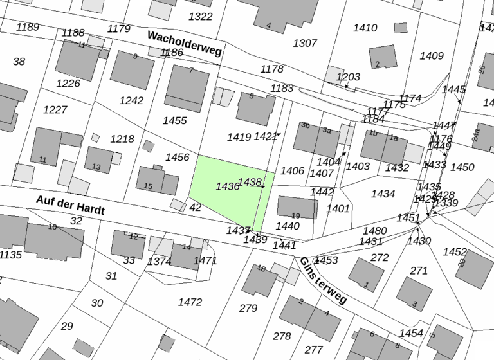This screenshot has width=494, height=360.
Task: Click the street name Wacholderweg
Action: click(184, 43)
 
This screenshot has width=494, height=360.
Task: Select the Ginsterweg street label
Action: click(323, 280)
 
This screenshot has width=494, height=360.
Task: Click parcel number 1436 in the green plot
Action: click(228, 186)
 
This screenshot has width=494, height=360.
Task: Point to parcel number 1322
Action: click(201, 16)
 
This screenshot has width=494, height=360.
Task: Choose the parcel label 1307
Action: click(305, 43)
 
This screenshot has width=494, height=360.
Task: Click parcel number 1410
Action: click(365, 28)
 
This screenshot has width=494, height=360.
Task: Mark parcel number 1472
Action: click(190, 301)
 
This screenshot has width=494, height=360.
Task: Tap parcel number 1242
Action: click(131, 100)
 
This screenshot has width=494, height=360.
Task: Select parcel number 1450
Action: click(462, 167)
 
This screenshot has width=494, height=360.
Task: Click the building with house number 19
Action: click(297, 208)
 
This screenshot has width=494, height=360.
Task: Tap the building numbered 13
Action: click(98, 159)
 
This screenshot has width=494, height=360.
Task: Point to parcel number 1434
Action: click(383, 194)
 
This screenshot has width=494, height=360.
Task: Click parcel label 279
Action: click(248, 308)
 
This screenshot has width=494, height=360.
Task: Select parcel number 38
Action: click(19, 62)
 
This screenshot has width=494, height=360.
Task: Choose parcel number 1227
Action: click(55, 110)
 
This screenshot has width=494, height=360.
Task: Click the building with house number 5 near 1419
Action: click(255, 107)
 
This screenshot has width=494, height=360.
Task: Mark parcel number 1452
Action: click(455, 251)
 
